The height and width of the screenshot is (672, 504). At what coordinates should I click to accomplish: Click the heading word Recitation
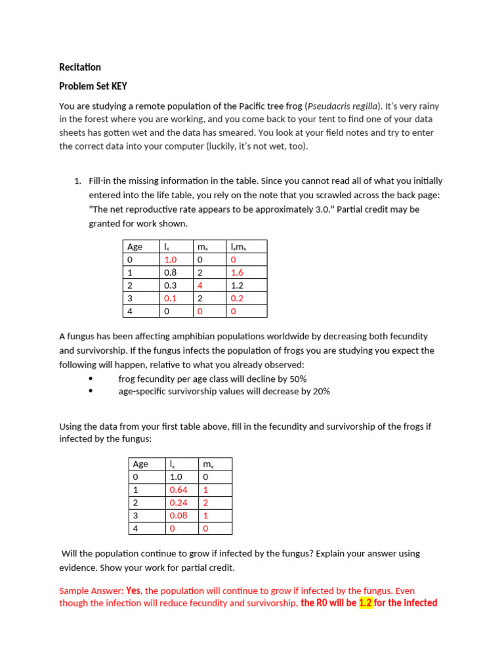tap(80, 67)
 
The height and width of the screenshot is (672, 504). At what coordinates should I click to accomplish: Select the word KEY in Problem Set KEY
tap(118, 86)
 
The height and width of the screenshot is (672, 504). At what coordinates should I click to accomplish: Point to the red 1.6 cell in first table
tap(238, 272)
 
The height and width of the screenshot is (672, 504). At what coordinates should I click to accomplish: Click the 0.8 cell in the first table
tap(170, 272)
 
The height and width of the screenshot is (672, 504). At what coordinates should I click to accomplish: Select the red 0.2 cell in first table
tap(238, 298)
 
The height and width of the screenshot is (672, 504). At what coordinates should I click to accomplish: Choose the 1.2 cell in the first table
tap(238, 285)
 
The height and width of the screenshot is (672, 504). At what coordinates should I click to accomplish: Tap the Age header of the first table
tap(135, 247)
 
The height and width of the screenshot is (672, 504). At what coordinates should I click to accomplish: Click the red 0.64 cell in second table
tap(178, 490)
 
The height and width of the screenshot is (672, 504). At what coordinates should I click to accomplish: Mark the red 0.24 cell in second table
tap(178, 503)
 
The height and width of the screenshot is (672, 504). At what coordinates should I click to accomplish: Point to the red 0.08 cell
tap(178, 515)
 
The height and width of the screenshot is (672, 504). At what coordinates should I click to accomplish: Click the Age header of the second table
tap(140, 464)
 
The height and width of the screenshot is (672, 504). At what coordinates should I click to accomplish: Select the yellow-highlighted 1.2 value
tap(366, 602)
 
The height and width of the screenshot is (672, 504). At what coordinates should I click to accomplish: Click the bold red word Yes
tap(133, 590)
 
